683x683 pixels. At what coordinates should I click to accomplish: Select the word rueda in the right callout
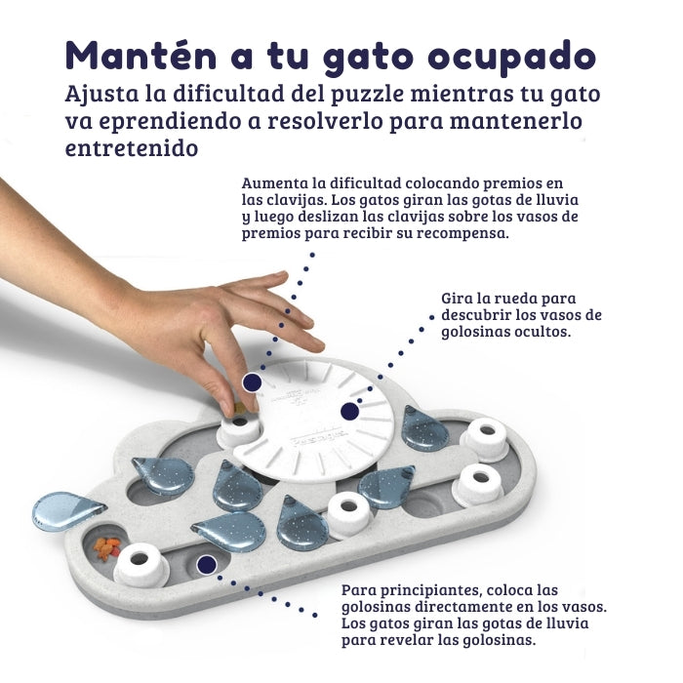[518, 298]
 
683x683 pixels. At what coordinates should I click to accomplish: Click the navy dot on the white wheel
[349, 411]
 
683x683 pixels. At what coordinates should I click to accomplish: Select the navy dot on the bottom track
[206, 564]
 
